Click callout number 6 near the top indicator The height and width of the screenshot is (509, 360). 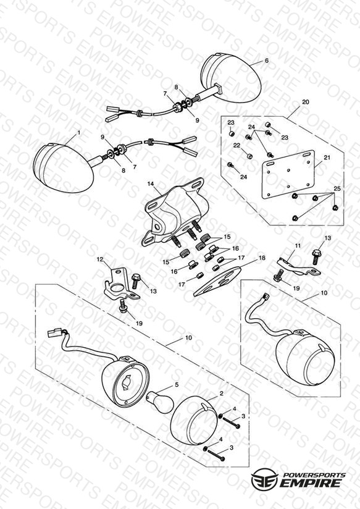(267, 61)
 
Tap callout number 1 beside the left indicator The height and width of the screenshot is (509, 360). (78, 132)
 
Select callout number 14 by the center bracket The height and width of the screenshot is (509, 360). (151, 183)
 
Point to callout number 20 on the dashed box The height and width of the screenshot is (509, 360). (306, 101)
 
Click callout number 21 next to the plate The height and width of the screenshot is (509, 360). (327, 158)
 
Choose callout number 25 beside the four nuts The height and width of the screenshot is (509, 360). (337, 188)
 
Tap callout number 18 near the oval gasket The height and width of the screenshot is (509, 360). (262, 258)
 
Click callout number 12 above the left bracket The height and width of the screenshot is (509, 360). (100, 259)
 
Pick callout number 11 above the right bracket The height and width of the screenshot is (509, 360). (298, 246)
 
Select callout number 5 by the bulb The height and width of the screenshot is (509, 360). (177, 385)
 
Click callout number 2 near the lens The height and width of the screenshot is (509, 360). (221, 393)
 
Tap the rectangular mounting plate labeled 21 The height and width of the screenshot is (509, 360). (288, 174)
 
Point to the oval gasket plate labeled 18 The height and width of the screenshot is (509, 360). (218, 281)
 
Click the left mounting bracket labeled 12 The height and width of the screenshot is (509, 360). (120, 284)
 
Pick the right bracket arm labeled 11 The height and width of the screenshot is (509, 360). (298, 266)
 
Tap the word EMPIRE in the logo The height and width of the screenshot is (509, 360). (311, 482)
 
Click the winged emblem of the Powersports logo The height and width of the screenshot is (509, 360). (264, 479)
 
